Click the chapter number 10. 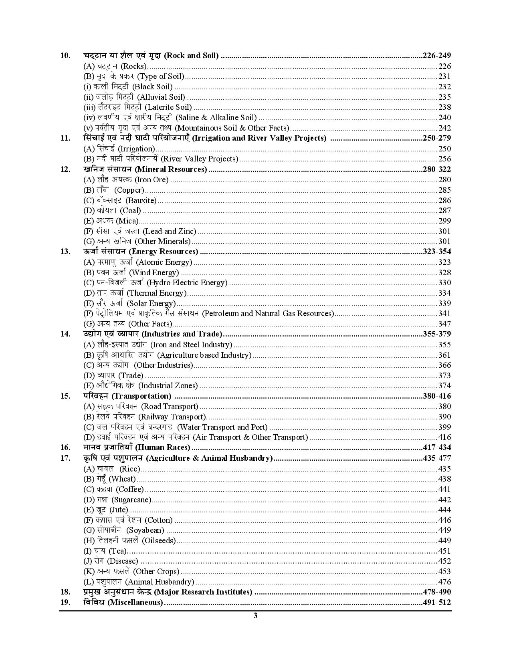point(65,56)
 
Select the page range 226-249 point(436,56)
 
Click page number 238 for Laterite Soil point(444,107)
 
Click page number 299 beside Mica point(444,221)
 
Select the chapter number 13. point(65,252)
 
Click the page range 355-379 point(436,334)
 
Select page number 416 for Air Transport point(444,437)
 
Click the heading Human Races point(137,447)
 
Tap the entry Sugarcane point(117,500)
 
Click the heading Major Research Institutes point(168,592)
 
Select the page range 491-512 point(436,603)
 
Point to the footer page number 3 point(255,616)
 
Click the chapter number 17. point(65,458)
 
